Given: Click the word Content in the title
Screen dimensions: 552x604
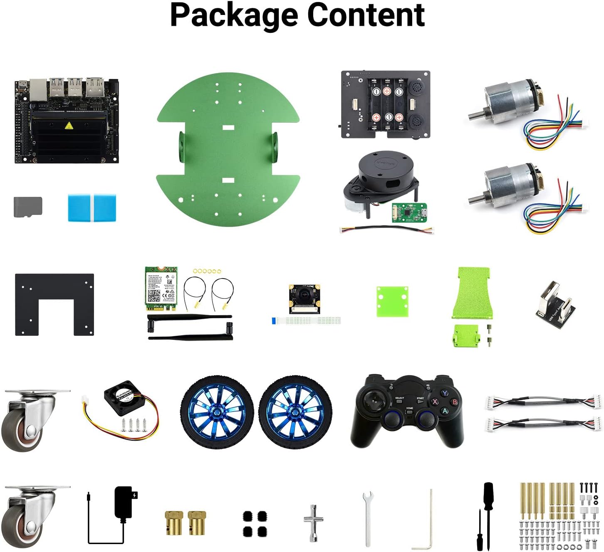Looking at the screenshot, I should coord(366,15).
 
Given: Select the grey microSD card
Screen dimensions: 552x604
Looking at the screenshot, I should coord(28,207).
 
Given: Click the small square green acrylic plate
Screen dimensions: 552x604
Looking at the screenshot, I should coord(392,301).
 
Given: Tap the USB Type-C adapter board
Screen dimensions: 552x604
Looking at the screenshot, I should coord(555,303).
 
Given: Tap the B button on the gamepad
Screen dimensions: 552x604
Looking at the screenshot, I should coord(455,402).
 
